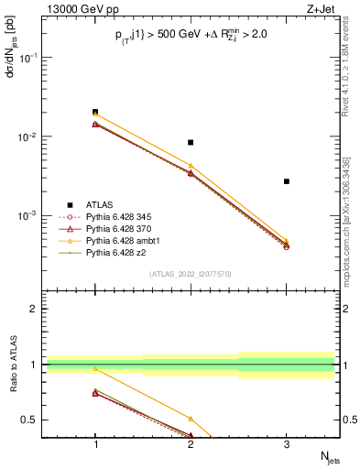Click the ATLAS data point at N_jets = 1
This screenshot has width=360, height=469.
(95, 112)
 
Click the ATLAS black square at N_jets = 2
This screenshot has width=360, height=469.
(191, 142)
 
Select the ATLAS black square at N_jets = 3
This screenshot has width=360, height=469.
(287, 181)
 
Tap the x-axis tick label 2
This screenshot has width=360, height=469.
(191, 444)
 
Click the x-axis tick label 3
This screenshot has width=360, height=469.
(287, 444)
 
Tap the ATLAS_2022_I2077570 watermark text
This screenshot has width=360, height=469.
(191, 274)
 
